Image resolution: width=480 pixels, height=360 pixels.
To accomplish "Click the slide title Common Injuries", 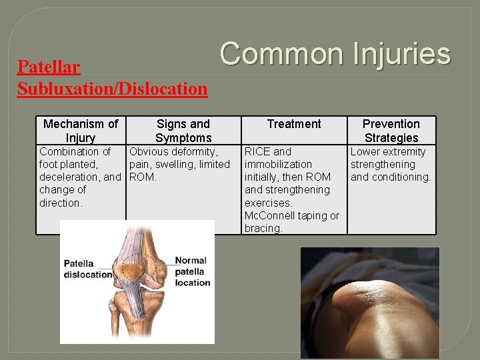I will [x=335, y=53].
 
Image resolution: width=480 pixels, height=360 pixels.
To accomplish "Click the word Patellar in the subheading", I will [x=49, y=67].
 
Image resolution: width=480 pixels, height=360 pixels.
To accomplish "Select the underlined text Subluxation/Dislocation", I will [x=112, y=88].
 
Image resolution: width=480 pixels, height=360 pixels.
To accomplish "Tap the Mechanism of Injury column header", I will [x=80, y=131].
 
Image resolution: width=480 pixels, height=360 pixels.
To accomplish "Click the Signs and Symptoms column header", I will [x=183, y=131].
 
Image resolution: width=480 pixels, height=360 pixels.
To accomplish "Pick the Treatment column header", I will [x=294, y=124].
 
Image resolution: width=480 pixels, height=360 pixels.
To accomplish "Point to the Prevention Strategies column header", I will [x=391, y=131].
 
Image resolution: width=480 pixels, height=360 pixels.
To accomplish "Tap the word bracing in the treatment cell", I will [x=263, y=228].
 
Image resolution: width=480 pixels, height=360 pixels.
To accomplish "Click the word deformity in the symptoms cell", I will [x=195, y=152].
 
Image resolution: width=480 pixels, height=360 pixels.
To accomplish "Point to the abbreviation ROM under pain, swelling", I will [x=141, y=177].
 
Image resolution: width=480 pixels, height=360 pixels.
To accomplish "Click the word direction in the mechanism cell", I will [x=61, y=203].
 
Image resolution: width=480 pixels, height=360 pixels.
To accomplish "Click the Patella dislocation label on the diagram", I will [x=87, y=269].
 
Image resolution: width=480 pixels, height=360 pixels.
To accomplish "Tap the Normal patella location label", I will [x=192, y=271].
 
